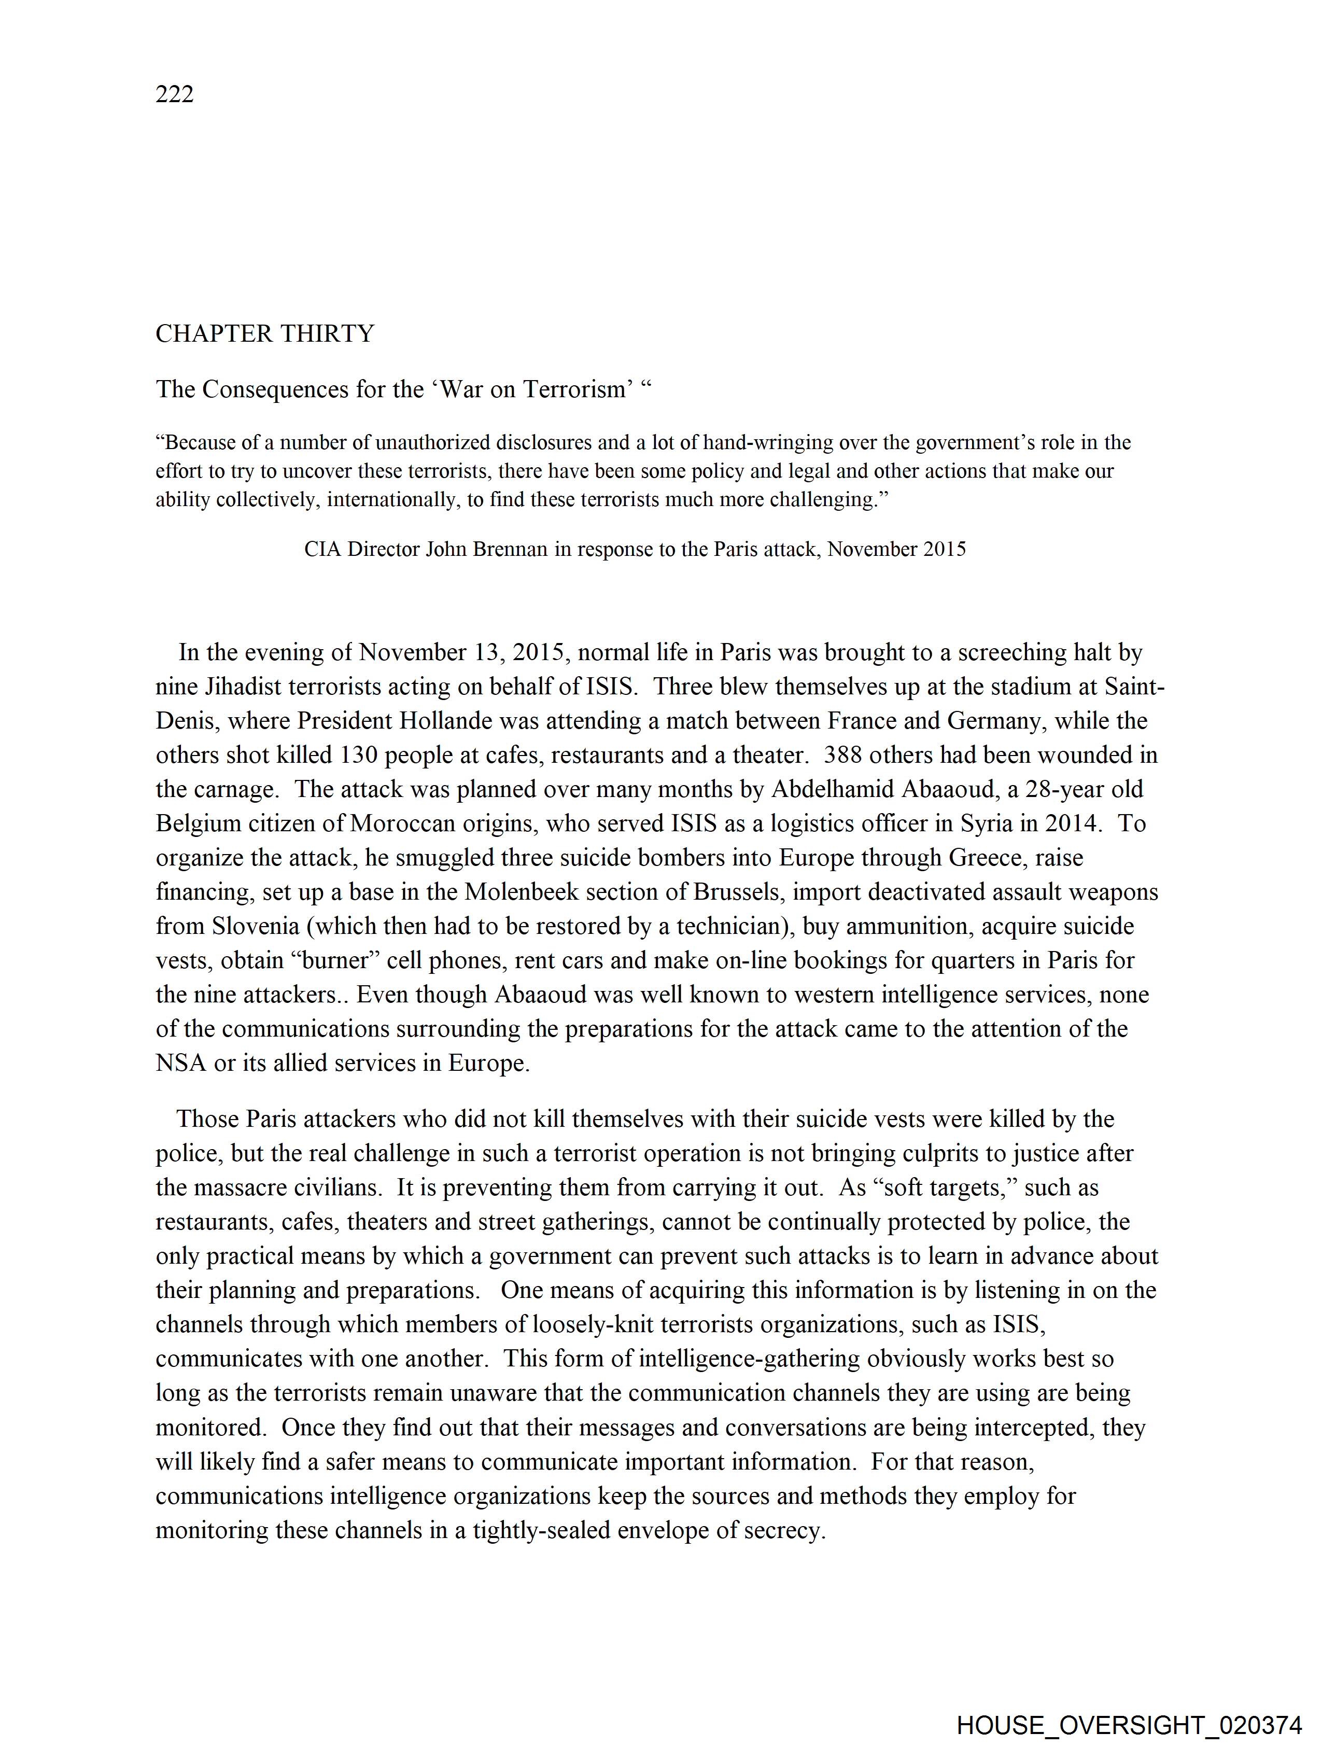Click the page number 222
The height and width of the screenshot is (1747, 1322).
(175, 94)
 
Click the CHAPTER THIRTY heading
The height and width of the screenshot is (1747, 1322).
(264, 333)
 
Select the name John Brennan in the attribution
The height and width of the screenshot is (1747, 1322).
(486, 549)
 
